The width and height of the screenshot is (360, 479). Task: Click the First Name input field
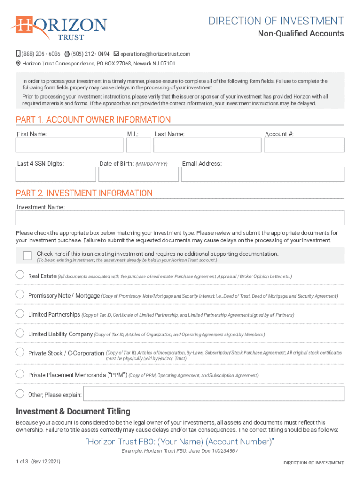70,145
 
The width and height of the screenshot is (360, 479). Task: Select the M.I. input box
138,145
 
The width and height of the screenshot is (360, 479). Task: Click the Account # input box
304,145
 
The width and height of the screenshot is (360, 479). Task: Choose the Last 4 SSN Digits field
56,174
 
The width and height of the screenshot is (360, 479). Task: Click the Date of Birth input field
138,174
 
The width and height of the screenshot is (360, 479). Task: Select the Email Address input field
262,174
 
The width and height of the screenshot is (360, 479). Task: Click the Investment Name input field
180,218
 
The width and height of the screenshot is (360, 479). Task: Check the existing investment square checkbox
27,255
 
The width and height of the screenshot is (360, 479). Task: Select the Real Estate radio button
20,275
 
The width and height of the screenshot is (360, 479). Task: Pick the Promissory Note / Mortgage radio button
20,294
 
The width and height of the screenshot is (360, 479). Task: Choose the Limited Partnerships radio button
20,313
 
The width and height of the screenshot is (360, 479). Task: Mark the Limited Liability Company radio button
20,333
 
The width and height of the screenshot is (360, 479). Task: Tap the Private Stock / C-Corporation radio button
20,352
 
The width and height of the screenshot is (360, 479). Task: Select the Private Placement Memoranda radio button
20,374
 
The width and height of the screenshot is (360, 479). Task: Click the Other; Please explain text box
214,394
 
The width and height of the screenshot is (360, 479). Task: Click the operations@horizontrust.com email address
155,54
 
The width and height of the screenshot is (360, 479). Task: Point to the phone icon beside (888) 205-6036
18,54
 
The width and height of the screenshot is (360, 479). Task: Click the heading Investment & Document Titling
73,412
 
